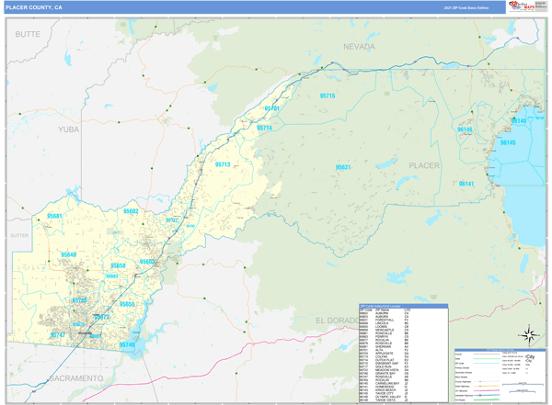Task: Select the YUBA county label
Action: click(x=70, y=129)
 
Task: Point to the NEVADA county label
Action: click(x=359, y=46)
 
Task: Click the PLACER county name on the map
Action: click(x=424, y=165)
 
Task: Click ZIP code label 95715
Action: click(x=327, y=96)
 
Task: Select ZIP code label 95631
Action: click(x=342, y=167)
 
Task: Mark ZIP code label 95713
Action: click(x=223, y=164)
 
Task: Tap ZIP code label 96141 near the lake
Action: click(x=466, y=184)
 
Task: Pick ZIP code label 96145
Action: click(x=507, y=143)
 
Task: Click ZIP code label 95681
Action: click(x=54, y=216)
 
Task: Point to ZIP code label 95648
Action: click(x=69, y=254)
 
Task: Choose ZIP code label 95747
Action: click(x=58, y=336)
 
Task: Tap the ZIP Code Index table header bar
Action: click(x=402, y=305)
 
